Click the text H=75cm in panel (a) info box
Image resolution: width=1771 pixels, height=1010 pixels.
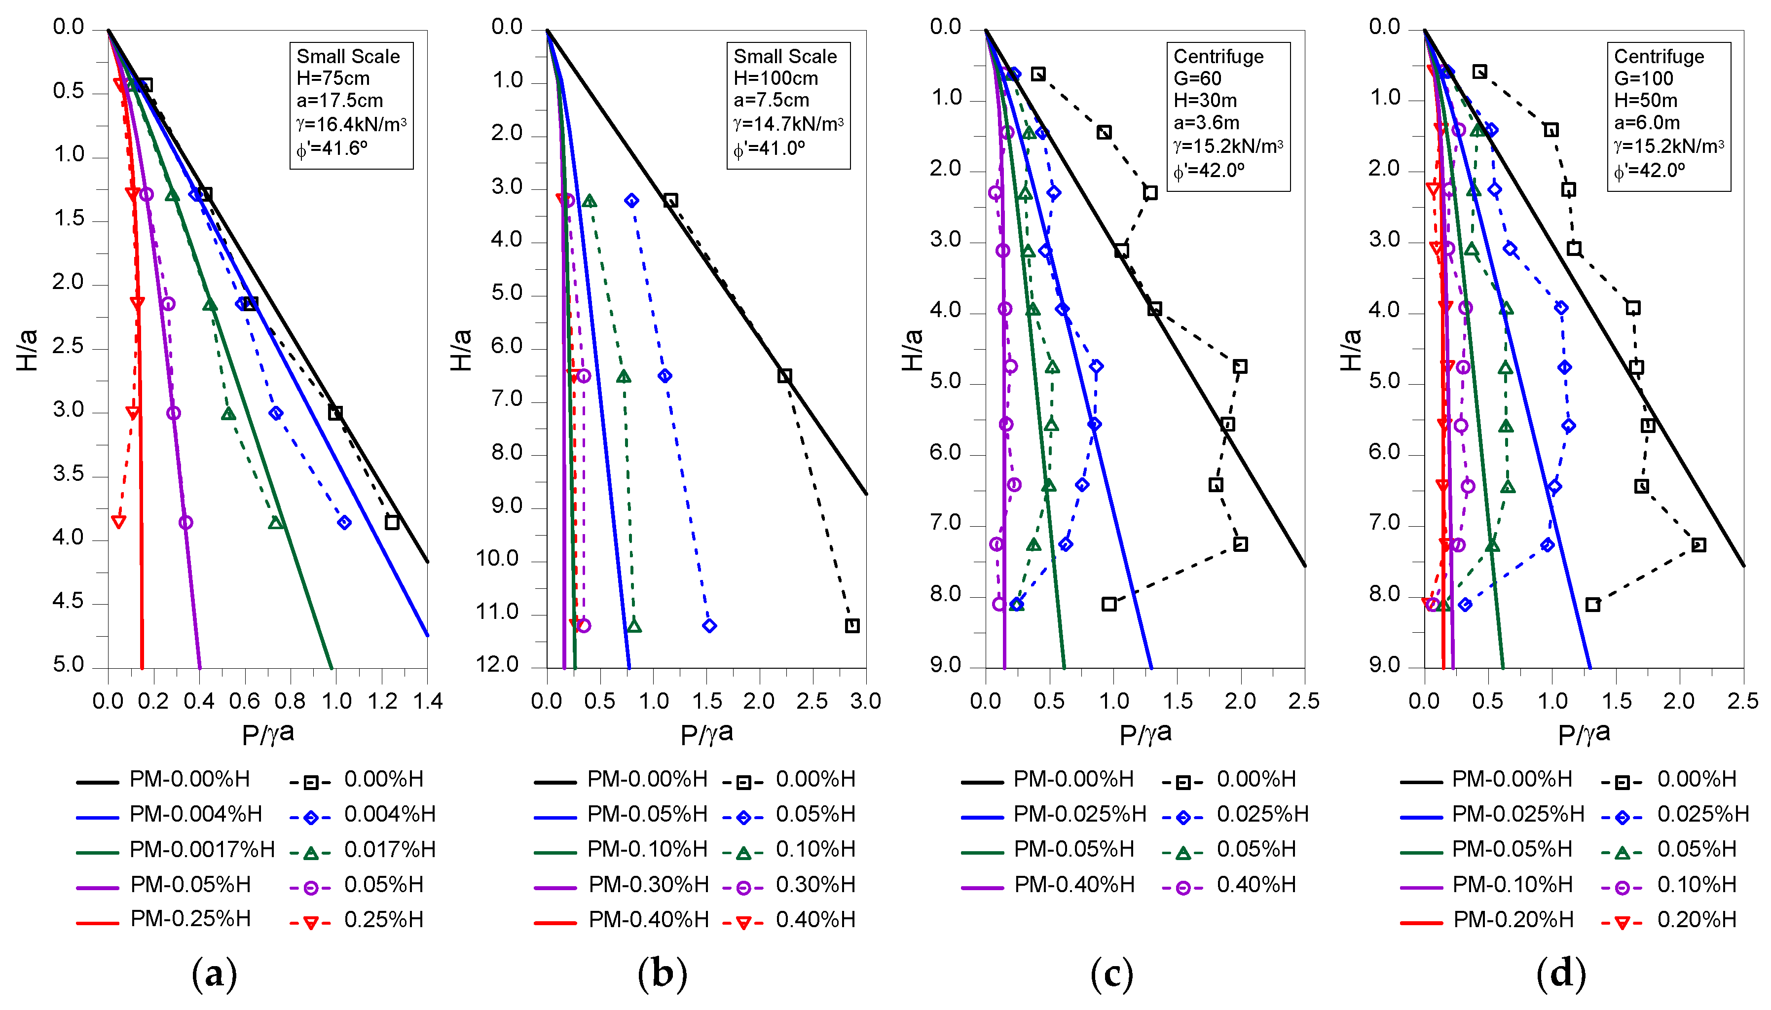click(333, 78)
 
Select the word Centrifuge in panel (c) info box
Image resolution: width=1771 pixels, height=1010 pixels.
click(1218, 56)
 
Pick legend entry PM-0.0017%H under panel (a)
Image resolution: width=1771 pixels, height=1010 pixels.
click(202, 849)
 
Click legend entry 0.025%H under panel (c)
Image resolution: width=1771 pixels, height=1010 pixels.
click(1262, 814)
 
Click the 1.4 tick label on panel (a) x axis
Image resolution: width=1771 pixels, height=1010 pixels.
click(427, 701)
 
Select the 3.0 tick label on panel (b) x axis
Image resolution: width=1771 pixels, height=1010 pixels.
click(865, 701)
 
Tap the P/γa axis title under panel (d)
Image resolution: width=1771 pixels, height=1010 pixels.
click(1584, 734)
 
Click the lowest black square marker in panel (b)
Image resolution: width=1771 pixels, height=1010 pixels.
click(852, 626)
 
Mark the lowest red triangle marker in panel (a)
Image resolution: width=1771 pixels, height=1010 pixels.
click(118, 522)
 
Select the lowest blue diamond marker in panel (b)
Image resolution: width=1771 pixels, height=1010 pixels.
click(709, 626)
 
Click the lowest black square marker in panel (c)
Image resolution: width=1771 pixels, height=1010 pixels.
click(1108, 604)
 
